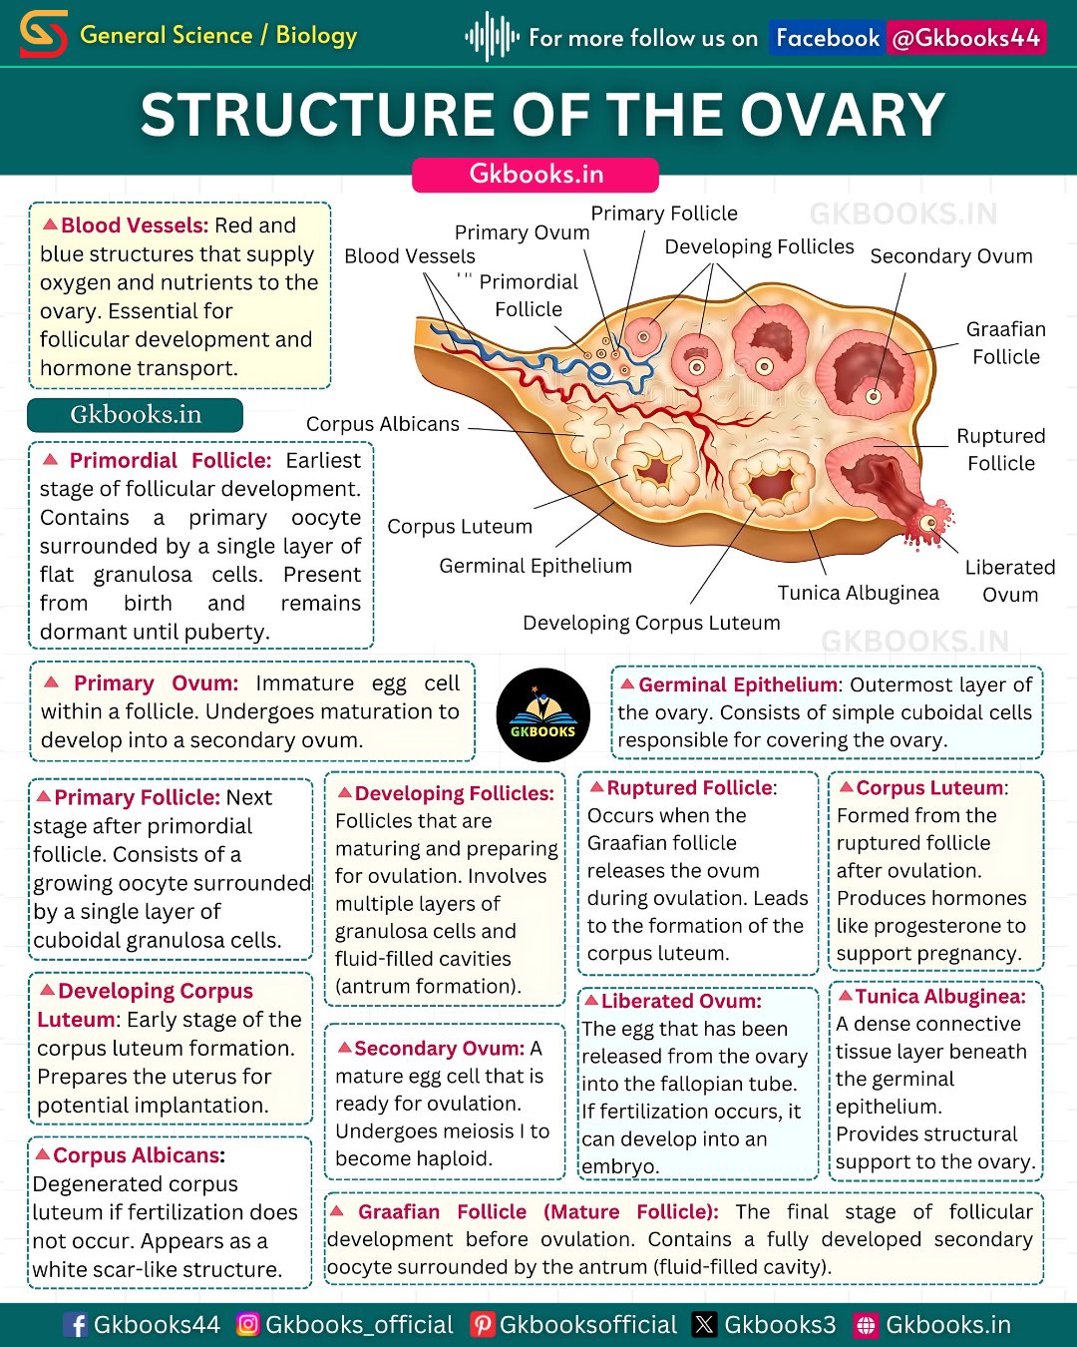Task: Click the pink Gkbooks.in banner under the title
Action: [536, 174]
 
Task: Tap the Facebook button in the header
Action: [828, 38]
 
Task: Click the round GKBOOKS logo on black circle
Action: [542, 714]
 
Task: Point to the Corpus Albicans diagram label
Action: [382, 424]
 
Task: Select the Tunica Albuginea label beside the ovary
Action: [858, 593]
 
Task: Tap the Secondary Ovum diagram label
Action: [950, 256]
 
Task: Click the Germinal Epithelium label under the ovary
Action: [536, 566]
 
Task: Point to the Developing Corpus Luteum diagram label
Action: [651, 623]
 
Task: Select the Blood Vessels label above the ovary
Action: [409, 256]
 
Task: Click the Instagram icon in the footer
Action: [248, 1324]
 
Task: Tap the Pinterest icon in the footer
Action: [482, 1324]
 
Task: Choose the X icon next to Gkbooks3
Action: [705, 1324]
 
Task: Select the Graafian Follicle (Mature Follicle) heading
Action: [538, 1212]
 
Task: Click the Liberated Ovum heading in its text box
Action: [681, 1001]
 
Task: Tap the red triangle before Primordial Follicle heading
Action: [50, 460]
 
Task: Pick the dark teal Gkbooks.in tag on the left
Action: [136, 415]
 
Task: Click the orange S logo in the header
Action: [44, 35]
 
